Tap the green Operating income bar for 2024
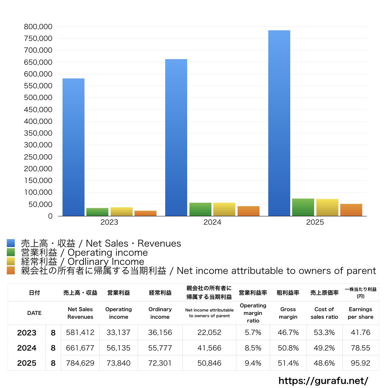[x=200, y=209]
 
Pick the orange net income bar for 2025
[x=351, y=210]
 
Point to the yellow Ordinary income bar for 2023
[x=122, y=211]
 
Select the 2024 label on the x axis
[x=212, y=222]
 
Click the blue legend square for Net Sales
[x=11, y=243]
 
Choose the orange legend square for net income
[x=11, y=271]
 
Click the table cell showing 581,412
[x=80, y=333]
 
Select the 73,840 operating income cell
[x=119, y=363]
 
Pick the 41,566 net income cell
[x=209, y=348]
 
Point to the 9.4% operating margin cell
[x=253, y=363]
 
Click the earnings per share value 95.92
[x=360, y=363]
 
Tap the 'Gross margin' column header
[x=288, y=313]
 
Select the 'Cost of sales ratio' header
[x=324, y=313]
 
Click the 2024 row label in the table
[x=27, y=348]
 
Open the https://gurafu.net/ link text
[x=323, y=380]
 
